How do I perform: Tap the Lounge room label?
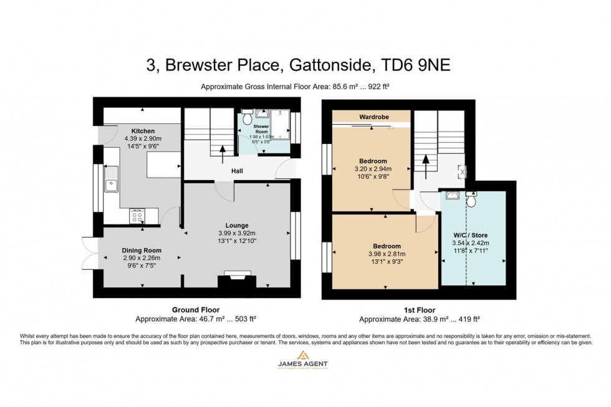237,226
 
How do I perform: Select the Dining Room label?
142,251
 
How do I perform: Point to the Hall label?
238,171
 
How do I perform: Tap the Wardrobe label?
371,116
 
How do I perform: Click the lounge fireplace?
237,277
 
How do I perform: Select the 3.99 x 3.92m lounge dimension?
237,233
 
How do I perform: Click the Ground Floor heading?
195,310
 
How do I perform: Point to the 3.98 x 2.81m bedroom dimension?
387,254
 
